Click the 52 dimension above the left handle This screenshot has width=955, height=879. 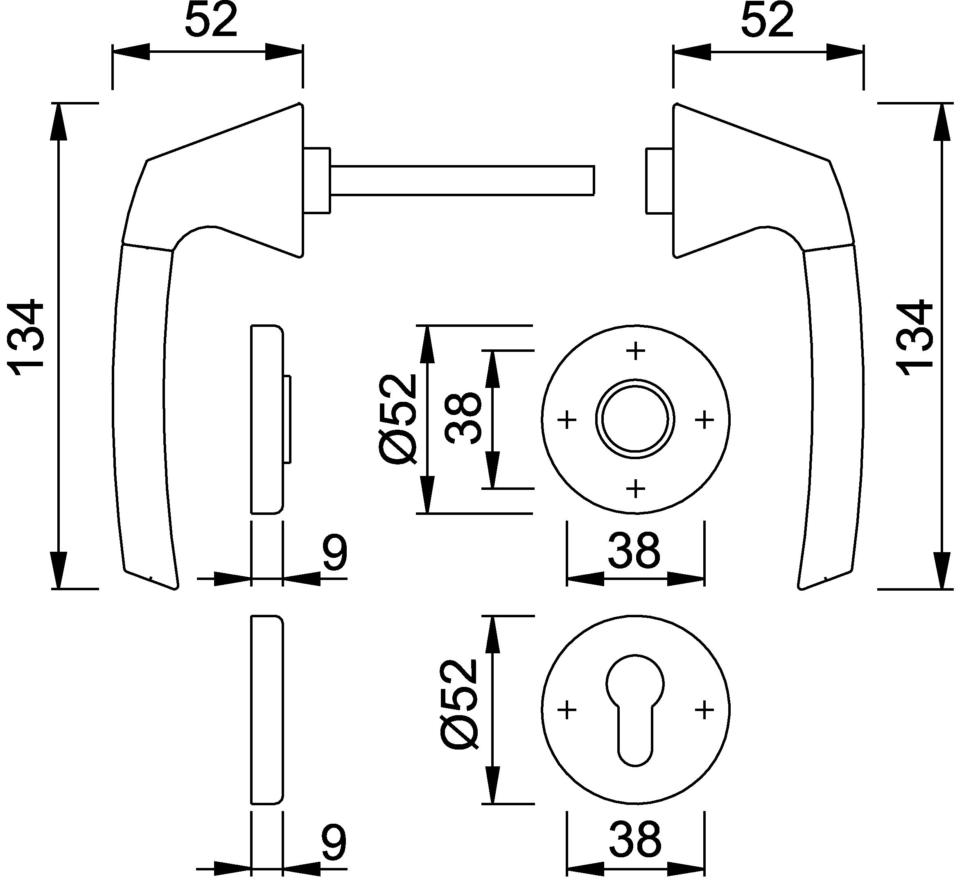click(211, 21)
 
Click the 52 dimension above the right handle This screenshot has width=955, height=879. click(767, 21)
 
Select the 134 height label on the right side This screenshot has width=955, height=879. click(914, 338)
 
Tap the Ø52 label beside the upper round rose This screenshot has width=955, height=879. click(398, 419)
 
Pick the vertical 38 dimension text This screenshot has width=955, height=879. click(464, 419)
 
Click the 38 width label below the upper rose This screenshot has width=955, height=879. click(634, 551)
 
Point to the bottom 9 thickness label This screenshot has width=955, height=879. click(334, 842)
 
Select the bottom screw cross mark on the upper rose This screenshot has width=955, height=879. click(636, 489)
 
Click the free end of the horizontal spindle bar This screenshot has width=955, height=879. click(594, 180)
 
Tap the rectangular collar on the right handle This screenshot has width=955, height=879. click(659, 180)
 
